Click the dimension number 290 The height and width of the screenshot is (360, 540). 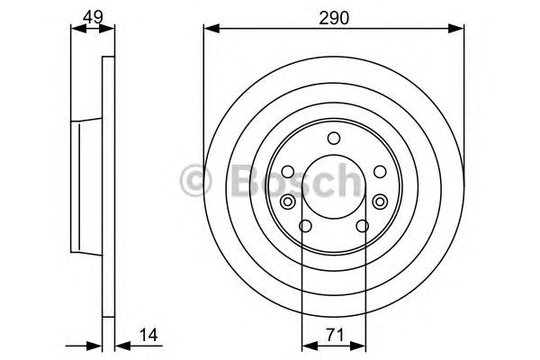tap(334, 16)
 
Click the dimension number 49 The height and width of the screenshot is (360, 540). tap(93, 16)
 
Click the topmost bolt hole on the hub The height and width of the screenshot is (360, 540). tap(334, 138)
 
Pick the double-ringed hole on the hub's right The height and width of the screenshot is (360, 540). tap(381, 202)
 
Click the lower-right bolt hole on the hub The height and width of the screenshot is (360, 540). tap(364, 227)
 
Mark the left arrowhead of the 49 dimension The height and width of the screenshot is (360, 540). tap(75, 28)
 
